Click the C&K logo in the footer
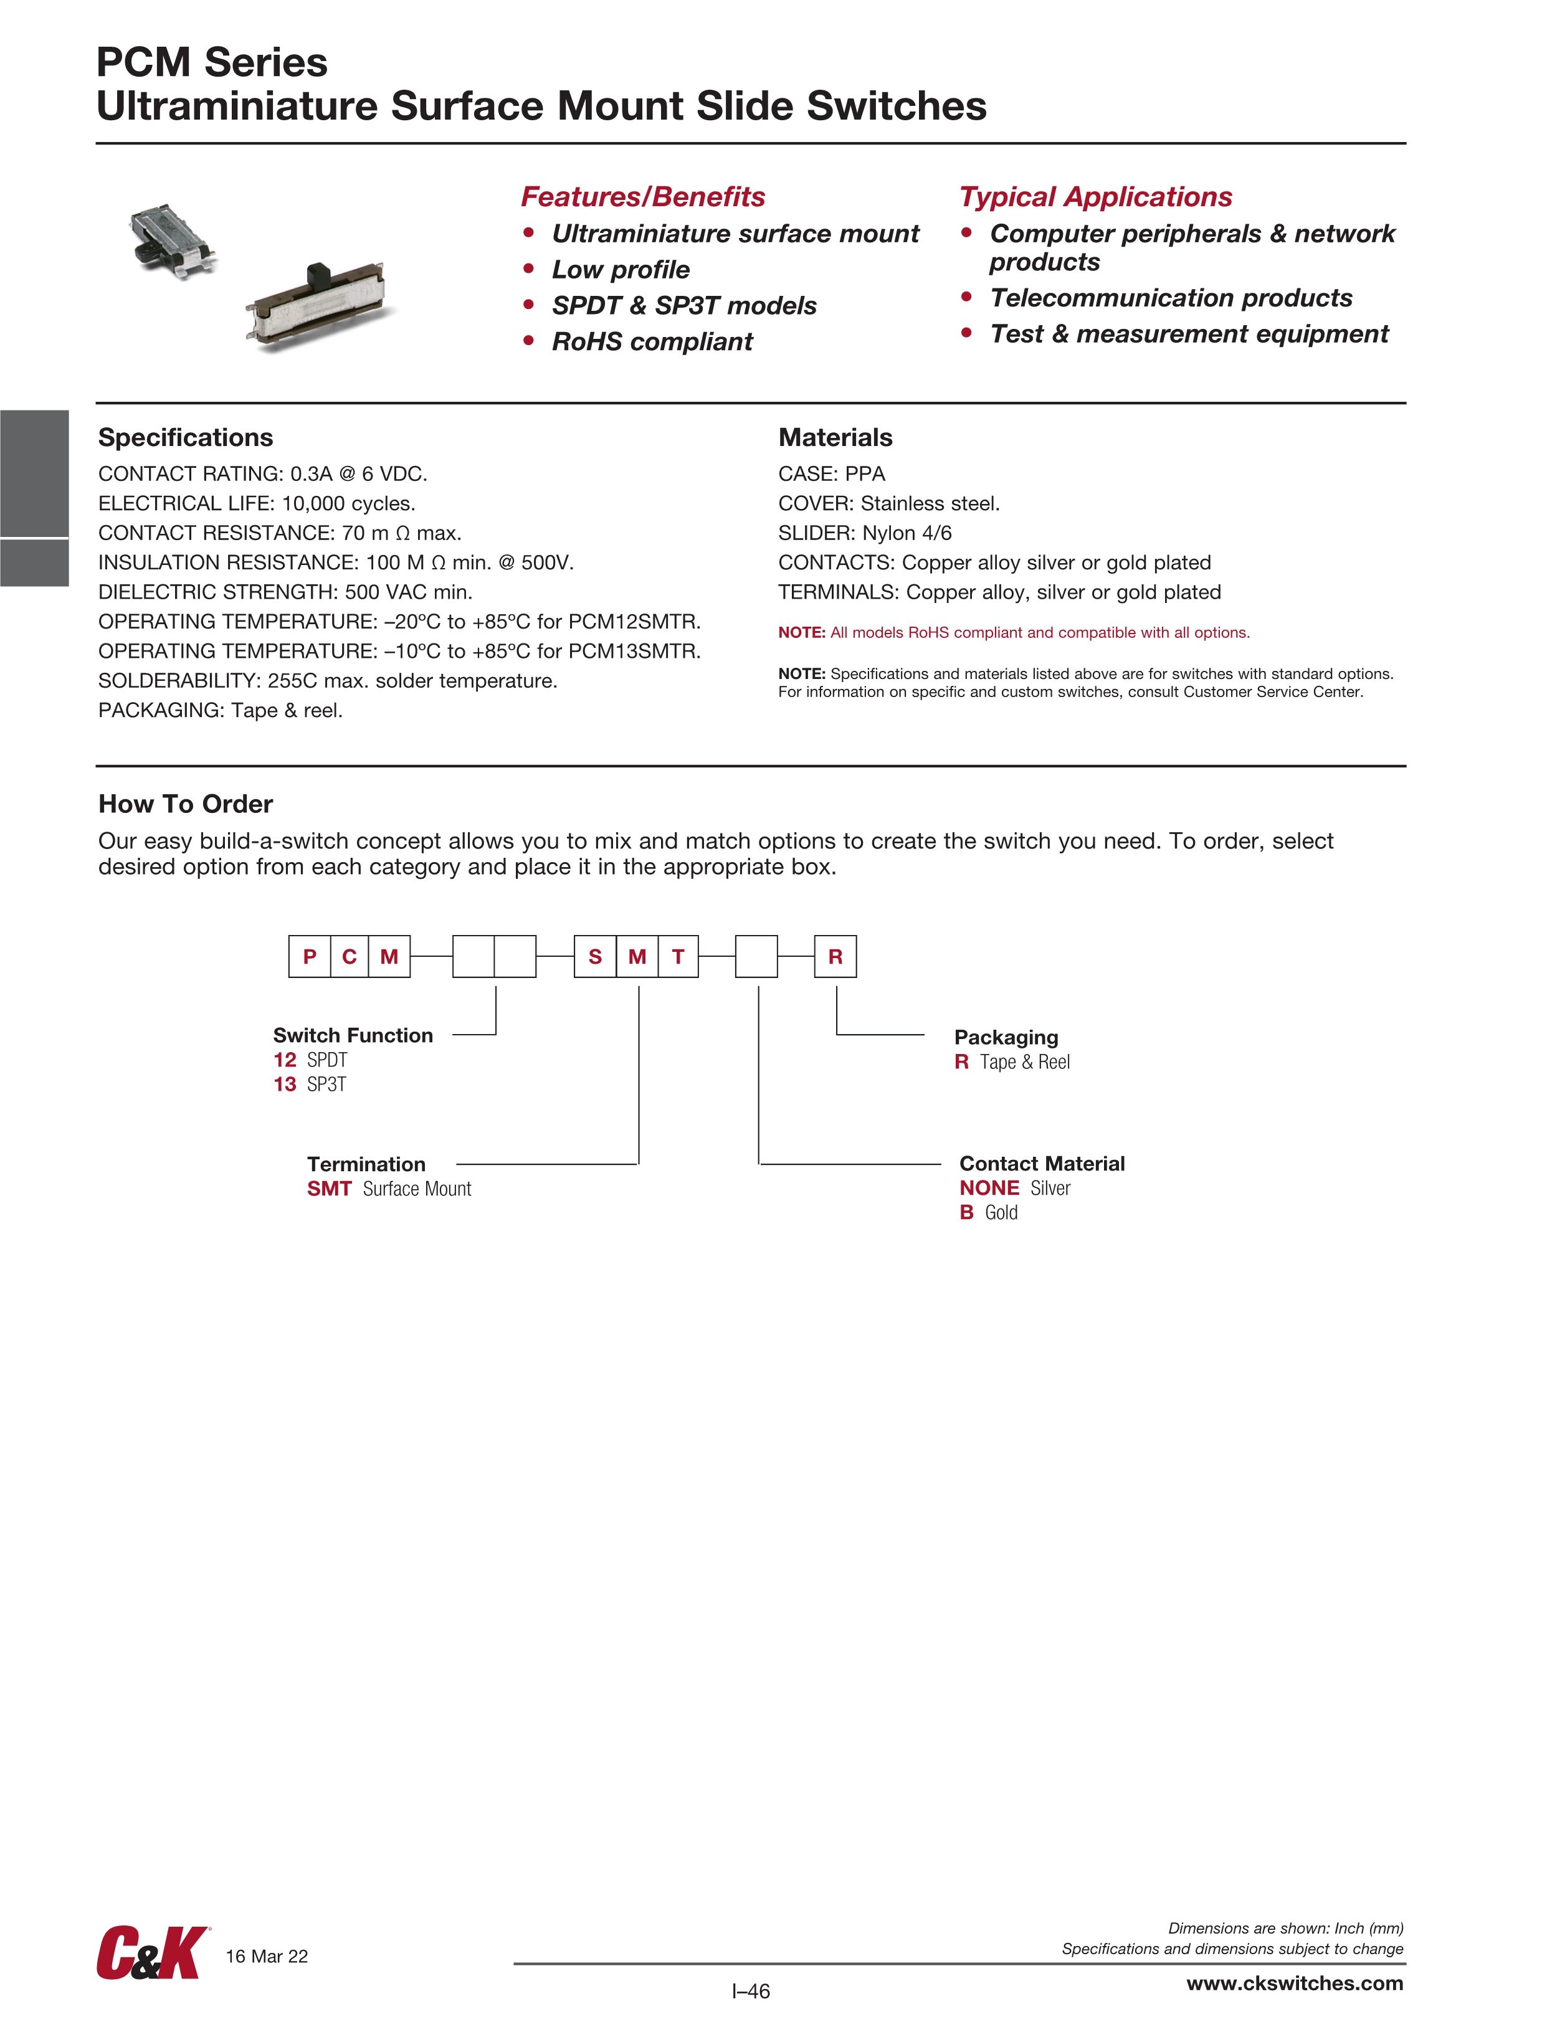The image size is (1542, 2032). point(151,1954)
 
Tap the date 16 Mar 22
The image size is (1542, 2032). point(267,1957)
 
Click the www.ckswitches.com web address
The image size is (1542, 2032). point(1294,1983)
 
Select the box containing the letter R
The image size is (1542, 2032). point(835,956)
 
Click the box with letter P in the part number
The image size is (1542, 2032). point(310,956)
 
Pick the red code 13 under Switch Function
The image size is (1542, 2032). point(285,1084)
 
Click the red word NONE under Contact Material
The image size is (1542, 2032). point(989,1188)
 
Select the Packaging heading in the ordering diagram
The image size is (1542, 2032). point(1006,1037)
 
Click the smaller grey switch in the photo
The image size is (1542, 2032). point(172,240)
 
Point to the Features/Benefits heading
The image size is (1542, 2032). point(642,197)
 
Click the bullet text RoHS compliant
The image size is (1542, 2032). point(652,342)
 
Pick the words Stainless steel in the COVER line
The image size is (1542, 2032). point(928,503)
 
